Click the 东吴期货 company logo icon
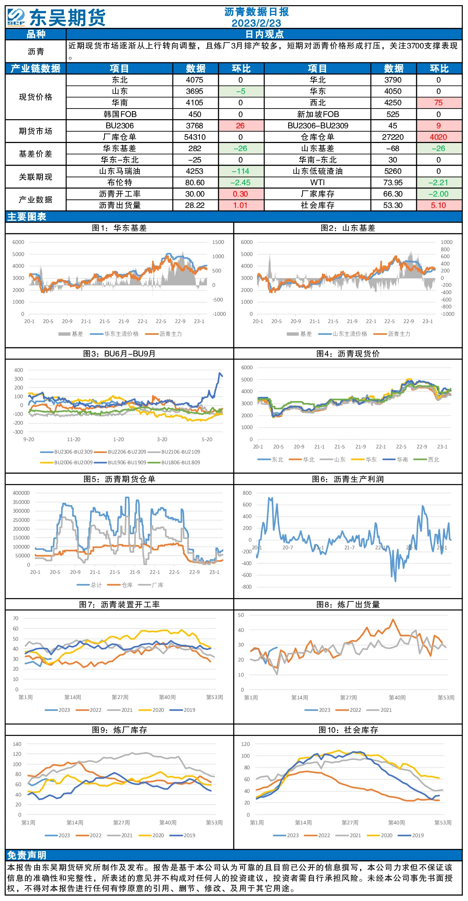pos(16,17)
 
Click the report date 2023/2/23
pos(256,23)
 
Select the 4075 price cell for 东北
pos(194,80)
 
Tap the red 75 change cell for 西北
pos(439,103)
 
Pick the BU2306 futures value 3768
pos(194,126)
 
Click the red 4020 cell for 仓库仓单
pos(439,137)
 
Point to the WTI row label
pos(317,183)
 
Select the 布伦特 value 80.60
pos(195,183)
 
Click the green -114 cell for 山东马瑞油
pos(241,171)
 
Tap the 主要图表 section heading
pos(27,217)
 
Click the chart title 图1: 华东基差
pos(119,228)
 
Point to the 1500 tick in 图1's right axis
pos(218,242)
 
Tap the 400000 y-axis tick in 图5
pos(21,493)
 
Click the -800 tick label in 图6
pos(246,587)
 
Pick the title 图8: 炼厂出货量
pos(348,605)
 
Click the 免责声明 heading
pos(27,855)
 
